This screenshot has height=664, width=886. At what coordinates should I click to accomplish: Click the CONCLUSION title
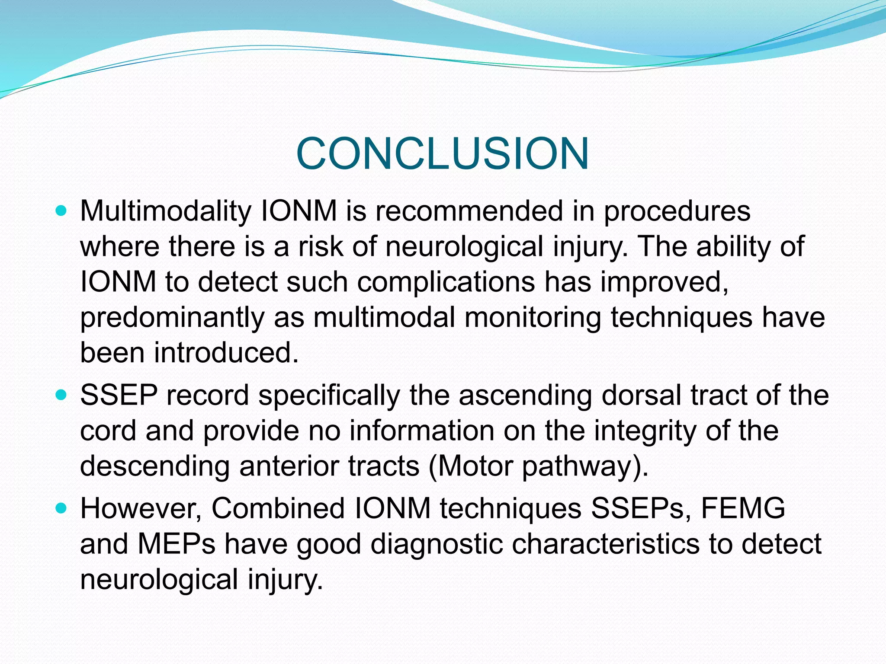pyautogui.click(x=442, y=154)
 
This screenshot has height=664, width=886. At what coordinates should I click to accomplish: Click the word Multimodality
pyautogui.click(x=165, y=212)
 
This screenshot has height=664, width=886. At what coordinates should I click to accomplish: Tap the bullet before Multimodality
pyautogui.click(x=62, y=211)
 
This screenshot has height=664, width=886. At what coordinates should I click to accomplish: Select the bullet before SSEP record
pyautogui.click(x=62, y=395)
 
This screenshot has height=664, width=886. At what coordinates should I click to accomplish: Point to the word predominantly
pyautogui.click(x=172, y=318)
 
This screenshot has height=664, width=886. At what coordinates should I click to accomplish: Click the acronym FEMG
pyautogui.click(x=742, y=508)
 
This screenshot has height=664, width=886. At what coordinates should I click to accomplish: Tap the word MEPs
pyautogui.click(x=177, y=544)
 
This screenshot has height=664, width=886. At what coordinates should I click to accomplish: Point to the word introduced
pyautogui.click(x=226, y=353)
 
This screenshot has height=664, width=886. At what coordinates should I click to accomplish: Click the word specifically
pyautogui.click(x=329, y=396)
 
